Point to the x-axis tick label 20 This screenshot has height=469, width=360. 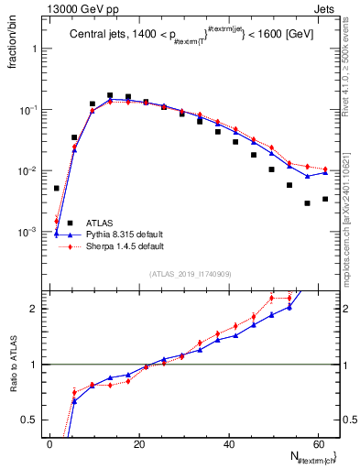[139, 444]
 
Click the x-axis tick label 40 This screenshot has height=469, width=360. [229, 444]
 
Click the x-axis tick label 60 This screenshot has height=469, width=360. [318, 444]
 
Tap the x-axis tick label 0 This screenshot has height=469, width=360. [50, 444]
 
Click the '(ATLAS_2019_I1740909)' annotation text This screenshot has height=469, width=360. [190, 274]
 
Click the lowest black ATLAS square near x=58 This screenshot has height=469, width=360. [307, 203]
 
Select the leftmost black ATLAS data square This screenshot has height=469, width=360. [57, 188]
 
